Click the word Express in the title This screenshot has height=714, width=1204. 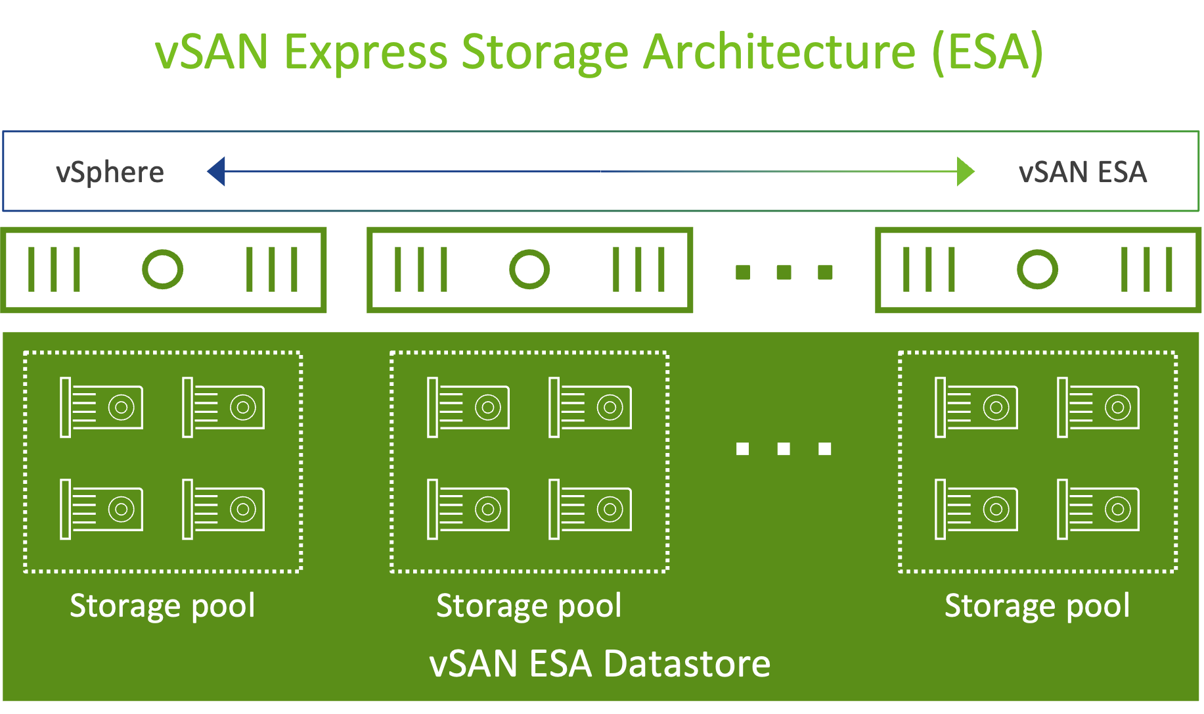click(x=365, y=53)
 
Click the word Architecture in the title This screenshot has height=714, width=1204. click(x=778, y=53)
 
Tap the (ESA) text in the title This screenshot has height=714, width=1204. click(x=987, y=53)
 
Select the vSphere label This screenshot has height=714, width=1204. click(x=110, y=172)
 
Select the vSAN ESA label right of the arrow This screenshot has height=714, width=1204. click(x=1082, y=172)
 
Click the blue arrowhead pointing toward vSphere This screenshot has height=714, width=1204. click(x=217, y=172)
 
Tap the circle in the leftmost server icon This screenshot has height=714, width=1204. click(x=162, y=270)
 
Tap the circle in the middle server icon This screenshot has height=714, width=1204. click(x=529, y=270)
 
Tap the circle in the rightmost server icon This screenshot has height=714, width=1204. click(x=1037, y=270)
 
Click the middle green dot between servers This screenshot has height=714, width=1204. click(x=784, y=272)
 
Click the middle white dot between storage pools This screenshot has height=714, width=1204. click(x=784, y=448)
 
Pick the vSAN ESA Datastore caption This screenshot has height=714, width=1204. click(x=600, y=663)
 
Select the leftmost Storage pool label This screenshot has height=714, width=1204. click(x=162, y=606)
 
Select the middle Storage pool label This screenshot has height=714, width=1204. click(x=529, y=606)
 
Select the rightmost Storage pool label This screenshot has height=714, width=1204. click(x=1037, y=606)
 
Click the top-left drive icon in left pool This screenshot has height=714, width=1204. click(x=101, y=407)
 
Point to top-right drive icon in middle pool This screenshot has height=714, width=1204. click(x=590, y=407)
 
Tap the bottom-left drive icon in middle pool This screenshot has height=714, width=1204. click(x=468, y=509)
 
